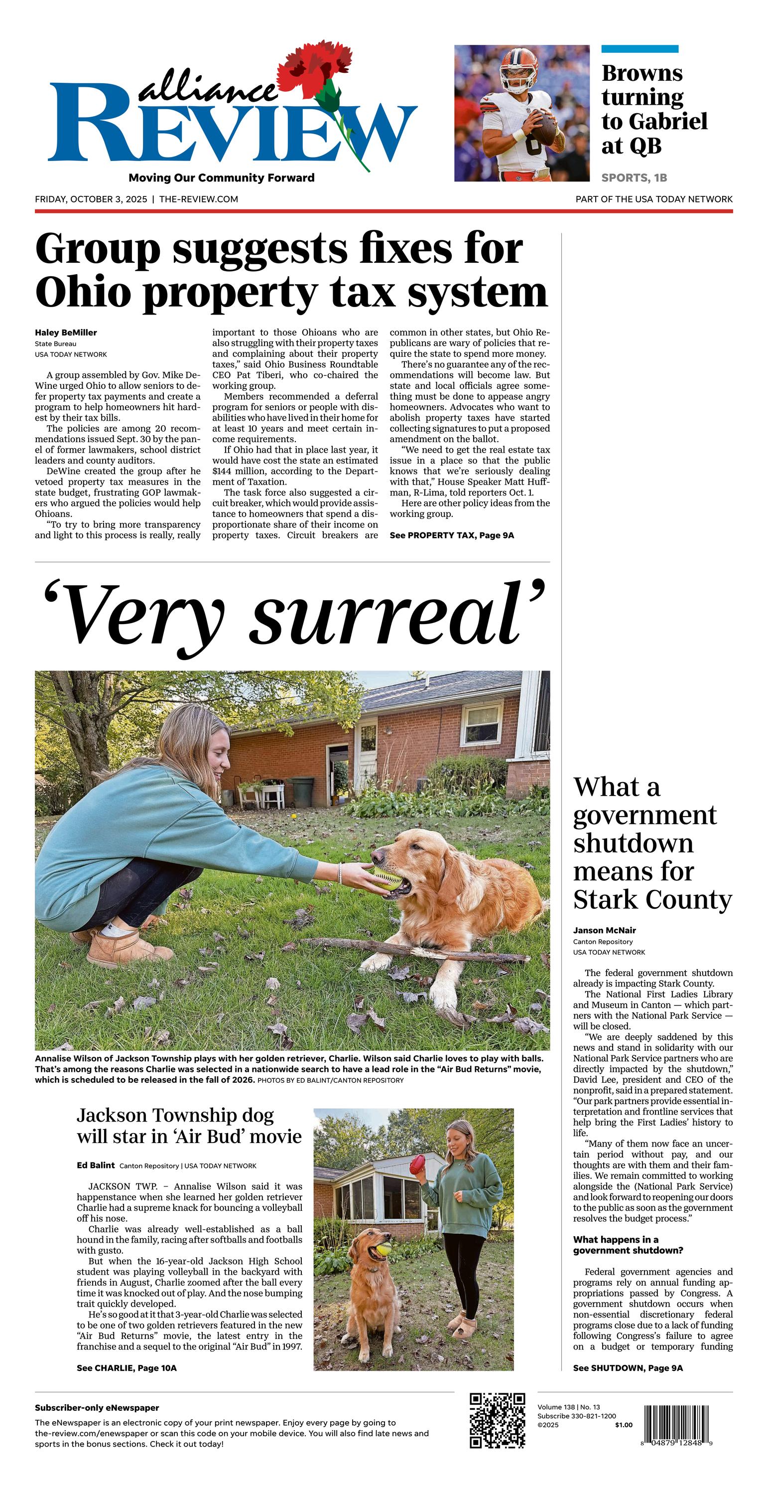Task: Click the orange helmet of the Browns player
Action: (x=518, y=68)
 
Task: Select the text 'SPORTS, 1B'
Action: (x=634, y=177)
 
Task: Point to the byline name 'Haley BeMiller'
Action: (x=66, y=332)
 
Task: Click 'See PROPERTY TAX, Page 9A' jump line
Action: (x=452, y=535)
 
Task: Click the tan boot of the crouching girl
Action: (x=113, y=948)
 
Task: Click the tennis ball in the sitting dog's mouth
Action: (x=383, y=1250)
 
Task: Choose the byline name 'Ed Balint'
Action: (x=96, y=1165)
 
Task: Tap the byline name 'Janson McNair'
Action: (x=604, y=930)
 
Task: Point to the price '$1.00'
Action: (x=624, y=1425)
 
